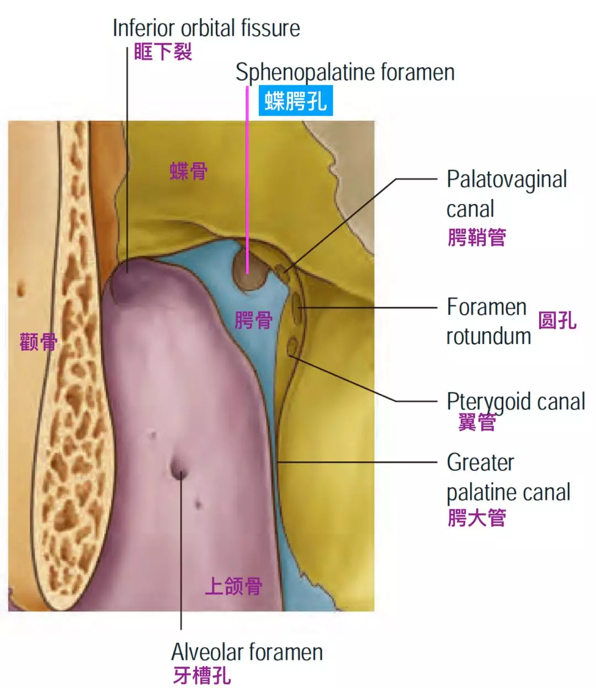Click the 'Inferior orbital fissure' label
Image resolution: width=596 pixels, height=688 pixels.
[x=206, y=28]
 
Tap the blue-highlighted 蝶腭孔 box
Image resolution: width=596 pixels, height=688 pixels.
[x=296, y=101]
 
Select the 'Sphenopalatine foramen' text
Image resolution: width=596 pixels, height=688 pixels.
[x=345, y=72]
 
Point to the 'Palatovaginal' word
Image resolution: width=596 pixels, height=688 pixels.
[x=507, y=180]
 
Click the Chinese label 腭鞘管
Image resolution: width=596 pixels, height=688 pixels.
[x=477, y=238]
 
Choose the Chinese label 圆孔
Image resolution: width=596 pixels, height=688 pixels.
[x=557, y=320]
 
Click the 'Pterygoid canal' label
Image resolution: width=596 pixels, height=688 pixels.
[x=515, y=402]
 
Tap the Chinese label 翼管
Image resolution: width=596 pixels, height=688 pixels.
[x=477, y=422]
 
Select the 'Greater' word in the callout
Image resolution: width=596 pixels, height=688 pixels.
[x=480, y=463]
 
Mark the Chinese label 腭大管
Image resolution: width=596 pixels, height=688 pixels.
[x=477, y=518]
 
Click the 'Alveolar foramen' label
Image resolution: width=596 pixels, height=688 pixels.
[x=247, y=652]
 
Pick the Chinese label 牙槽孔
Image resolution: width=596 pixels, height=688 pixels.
[x=202, y=675]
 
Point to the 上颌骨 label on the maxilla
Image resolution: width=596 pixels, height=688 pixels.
[x=233, y=586]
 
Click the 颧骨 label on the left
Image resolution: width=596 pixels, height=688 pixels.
[x=38, y=342]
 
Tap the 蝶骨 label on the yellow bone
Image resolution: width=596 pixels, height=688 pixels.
[x=189, y=171]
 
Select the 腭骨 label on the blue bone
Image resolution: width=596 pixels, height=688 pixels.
[x=253, y=320]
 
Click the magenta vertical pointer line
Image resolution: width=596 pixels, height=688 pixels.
[x=247, y=182]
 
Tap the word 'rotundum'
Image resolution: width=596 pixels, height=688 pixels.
[x=488, y=336]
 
